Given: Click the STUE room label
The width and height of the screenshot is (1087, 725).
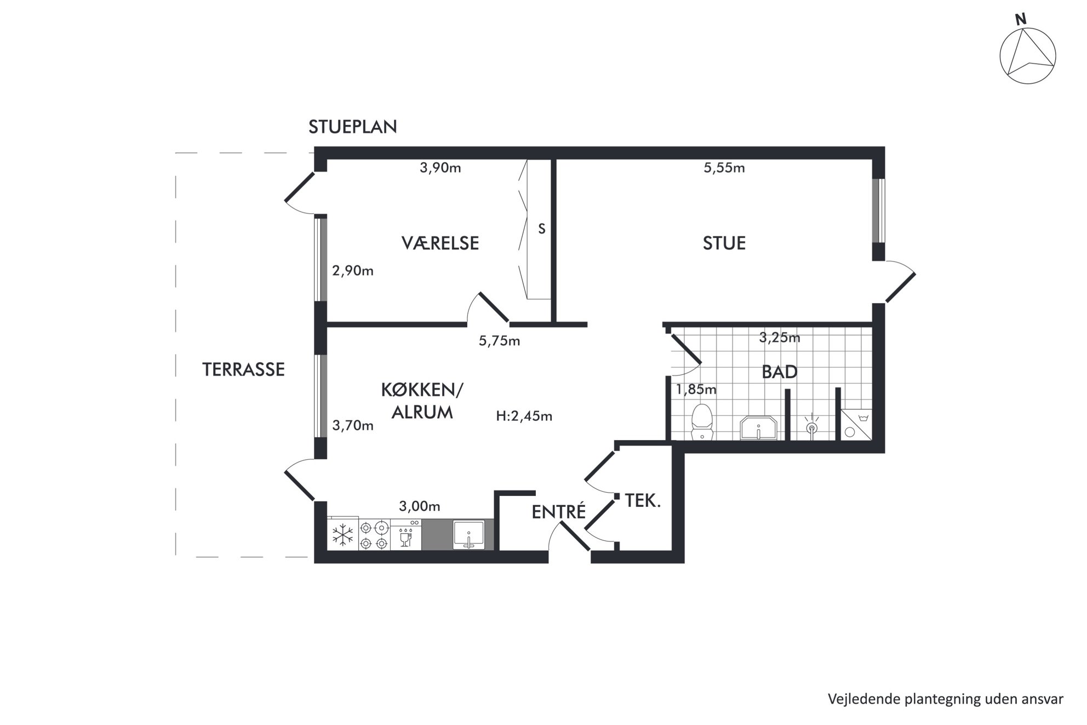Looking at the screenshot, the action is tap(724, 243).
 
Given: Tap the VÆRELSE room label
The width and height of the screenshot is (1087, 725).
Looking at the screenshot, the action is tap(440, 243).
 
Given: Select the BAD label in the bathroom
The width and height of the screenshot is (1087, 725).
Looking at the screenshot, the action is tap(779, 372).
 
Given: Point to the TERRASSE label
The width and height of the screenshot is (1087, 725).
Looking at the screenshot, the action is tap(243, 369).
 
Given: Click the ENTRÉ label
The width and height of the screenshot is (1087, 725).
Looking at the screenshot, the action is tap(558, 511).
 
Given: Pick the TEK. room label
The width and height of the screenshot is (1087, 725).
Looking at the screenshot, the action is tap(643, 500).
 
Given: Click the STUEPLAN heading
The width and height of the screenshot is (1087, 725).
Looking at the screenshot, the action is tap(352, 127).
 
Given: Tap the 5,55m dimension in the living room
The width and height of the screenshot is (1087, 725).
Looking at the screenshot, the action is tap(724, 168).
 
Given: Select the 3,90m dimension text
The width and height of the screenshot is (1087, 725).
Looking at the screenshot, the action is tap(440, 168).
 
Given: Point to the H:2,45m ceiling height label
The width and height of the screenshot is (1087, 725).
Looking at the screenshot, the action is tap(524, 416).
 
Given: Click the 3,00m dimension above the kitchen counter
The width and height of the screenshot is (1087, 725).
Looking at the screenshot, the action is tap(419, 506).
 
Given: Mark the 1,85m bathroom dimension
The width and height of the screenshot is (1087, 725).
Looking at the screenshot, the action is tap(696, 390).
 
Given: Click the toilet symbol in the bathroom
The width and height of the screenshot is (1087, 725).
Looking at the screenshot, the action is tap(702, 421).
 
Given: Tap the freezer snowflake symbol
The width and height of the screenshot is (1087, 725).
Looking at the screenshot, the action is tap(343, 534).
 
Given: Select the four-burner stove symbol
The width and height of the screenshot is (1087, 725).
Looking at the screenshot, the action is tap(375, 535).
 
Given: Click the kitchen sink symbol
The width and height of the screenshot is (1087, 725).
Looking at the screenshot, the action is tap(468, 534).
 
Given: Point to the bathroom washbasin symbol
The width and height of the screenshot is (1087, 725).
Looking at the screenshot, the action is tap(759, 428).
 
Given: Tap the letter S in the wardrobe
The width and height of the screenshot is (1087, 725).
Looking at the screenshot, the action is tap(541, 229).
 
